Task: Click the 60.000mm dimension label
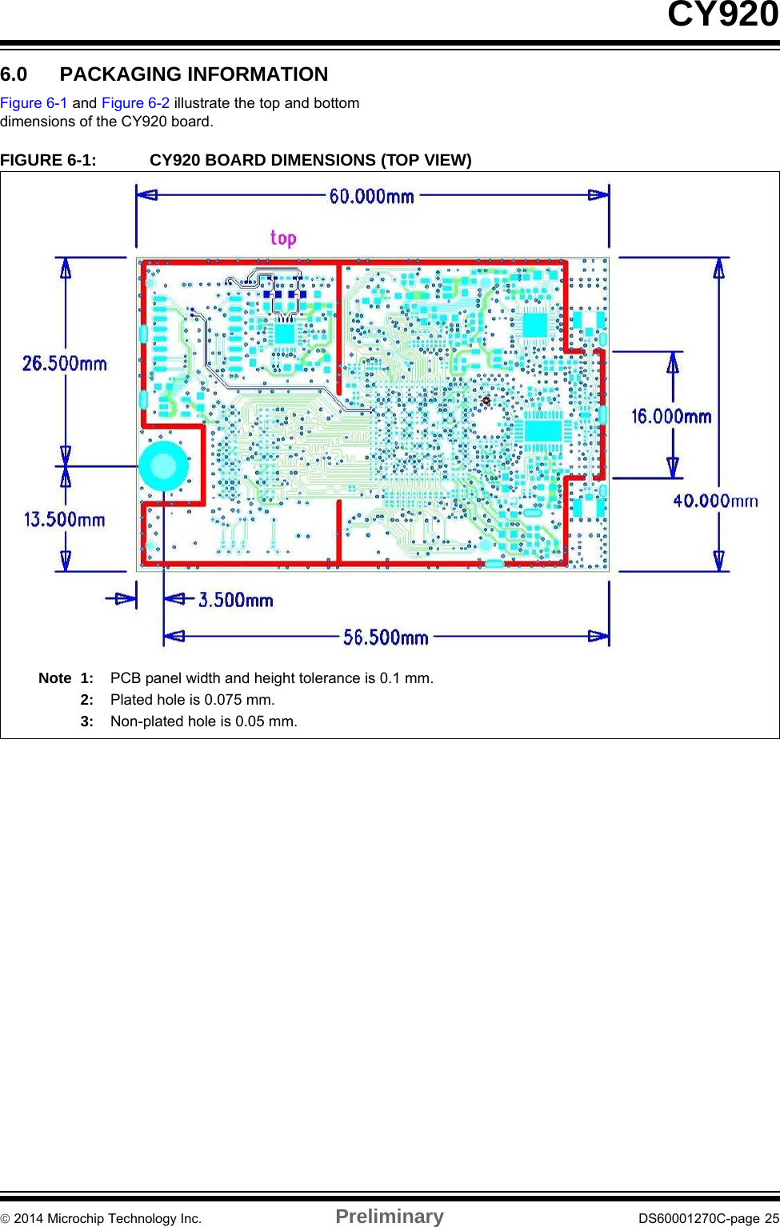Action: pyautogui.click(x=372, y=196)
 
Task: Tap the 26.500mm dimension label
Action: pyautogui.click(x=65, y=363)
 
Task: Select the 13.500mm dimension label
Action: pyautogui.click(x=65, y=519)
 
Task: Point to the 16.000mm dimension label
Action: pyautogui.click(x=671, y=416)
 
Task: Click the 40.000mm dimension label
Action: pyautogui.click(x=715, y=501)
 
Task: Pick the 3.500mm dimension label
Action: pyautogui.click(x=235, y=600)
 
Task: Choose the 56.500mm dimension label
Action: pyautogui.click(x=386, y=637)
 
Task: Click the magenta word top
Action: pyautogui.click(x=283, y=238)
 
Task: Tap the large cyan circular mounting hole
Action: pyautogui.click(x=164, y=466)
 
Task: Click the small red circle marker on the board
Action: pyautogui.click(x=486, y=401)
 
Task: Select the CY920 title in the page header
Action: pyautogui.click(x=722, y=14)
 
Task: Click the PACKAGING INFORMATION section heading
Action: pyautogui.click(x=194, y=74)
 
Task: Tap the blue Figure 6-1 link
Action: pyautogui.click(x=34, y=103)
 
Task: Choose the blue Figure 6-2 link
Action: pyautogui.click(x=136, y=103)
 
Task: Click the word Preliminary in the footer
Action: pyautogui.click(x=390, y=1216)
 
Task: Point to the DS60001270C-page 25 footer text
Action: pyautogui.click(x=708, y=1218)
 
